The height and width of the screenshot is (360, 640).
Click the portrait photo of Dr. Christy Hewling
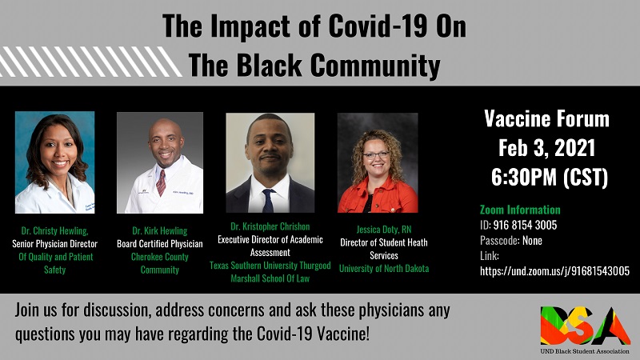(54, 162)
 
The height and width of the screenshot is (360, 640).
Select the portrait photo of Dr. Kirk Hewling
(160, 162)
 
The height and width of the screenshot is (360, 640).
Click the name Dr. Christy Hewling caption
(54, 230)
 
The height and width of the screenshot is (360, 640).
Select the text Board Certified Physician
(160, 244)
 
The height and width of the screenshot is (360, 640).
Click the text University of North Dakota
(384, 268)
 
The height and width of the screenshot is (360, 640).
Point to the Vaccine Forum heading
(547, 119)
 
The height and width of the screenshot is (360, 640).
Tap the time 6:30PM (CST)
(547, 176)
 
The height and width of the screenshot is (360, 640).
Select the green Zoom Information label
(519, 210)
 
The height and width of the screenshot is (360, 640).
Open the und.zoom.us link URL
(554, 271)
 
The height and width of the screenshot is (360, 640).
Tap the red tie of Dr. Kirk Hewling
(161, 182)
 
